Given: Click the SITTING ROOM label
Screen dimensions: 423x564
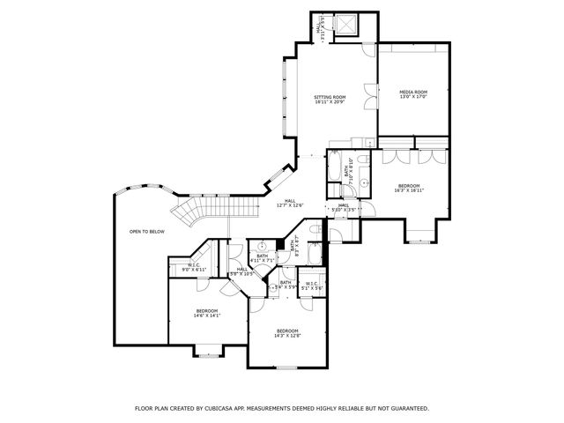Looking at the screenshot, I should pyautogui.click(x=330, y=100).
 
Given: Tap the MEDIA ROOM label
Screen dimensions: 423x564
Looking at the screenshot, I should pyautogui.click(x=414, y=94).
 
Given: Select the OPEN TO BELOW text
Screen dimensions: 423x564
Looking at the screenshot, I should pyautogui.click(x=147, y=232).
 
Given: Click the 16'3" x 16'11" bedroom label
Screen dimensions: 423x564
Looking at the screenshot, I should pyautogui.click(x=409, y=188).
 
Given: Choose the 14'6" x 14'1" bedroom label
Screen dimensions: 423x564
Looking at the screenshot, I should pyautogui.click(x=207, y=313).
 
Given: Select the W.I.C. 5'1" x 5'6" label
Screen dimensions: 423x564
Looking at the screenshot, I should pyautogui.click(x=311, y=285).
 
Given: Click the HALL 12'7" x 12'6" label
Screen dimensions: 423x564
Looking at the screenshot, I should pyautogui.click(x=290, y=204).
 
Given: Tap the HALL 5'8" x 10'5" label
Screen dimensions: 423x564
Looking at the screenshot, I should pyautogui.click(x=241, y=272).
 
